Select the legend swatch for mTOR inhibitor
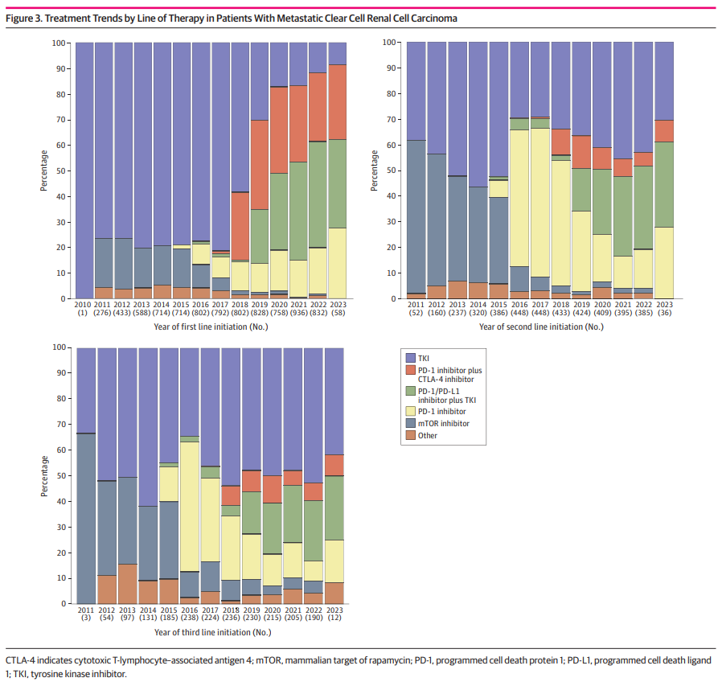[410, 423]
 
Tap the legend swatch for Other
[410, 435]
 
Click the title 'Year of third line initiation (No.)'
[211, 632]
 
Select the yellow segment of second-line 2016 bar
[519, 198]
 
